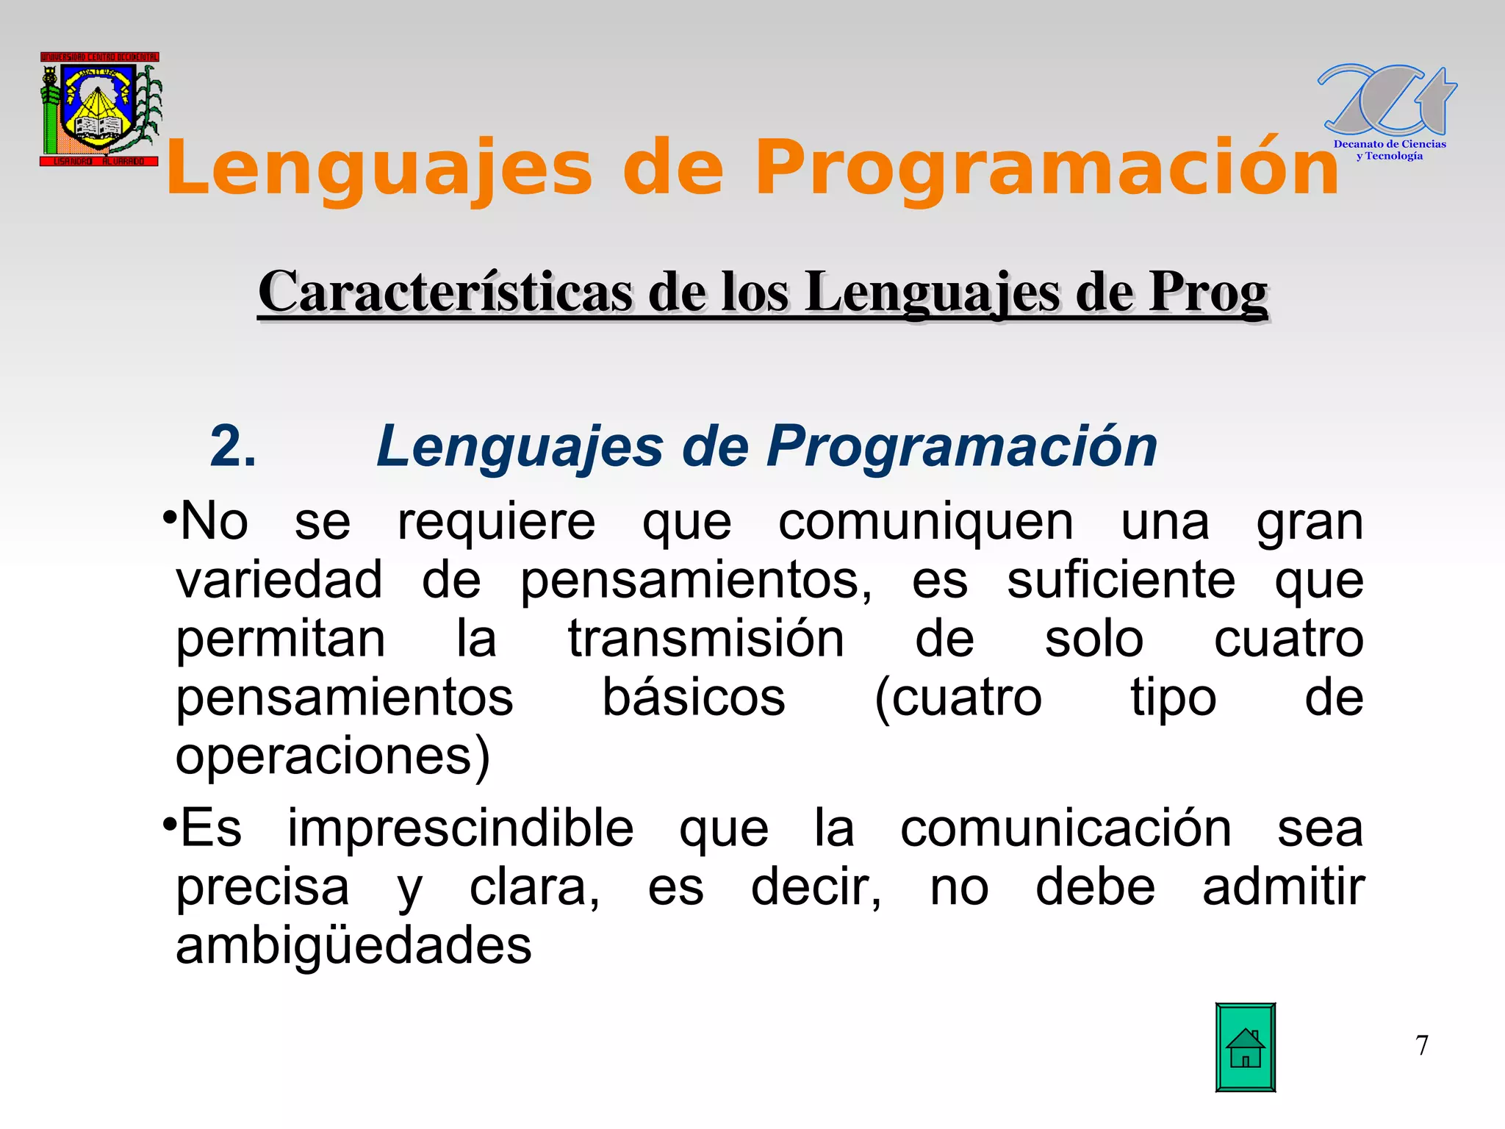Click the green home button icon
tap(1245, 1047)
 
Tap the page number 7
tap(1422, 1045)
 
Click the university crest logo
tap(100, 110)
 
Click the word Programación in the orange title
tap(1046, 169)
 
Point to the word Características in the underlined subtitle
tap(445, 292)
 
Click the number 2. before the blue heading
tap(233, 446)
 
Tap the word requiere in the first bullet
tap(496, 522)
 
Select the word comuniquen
tap(925, 522)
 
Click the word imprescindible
tap(460, 828)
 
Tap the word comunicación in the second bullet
tap(1066, 828)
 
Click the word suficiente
tap(1121, 580)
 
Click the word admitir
tap(1283, 886)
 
